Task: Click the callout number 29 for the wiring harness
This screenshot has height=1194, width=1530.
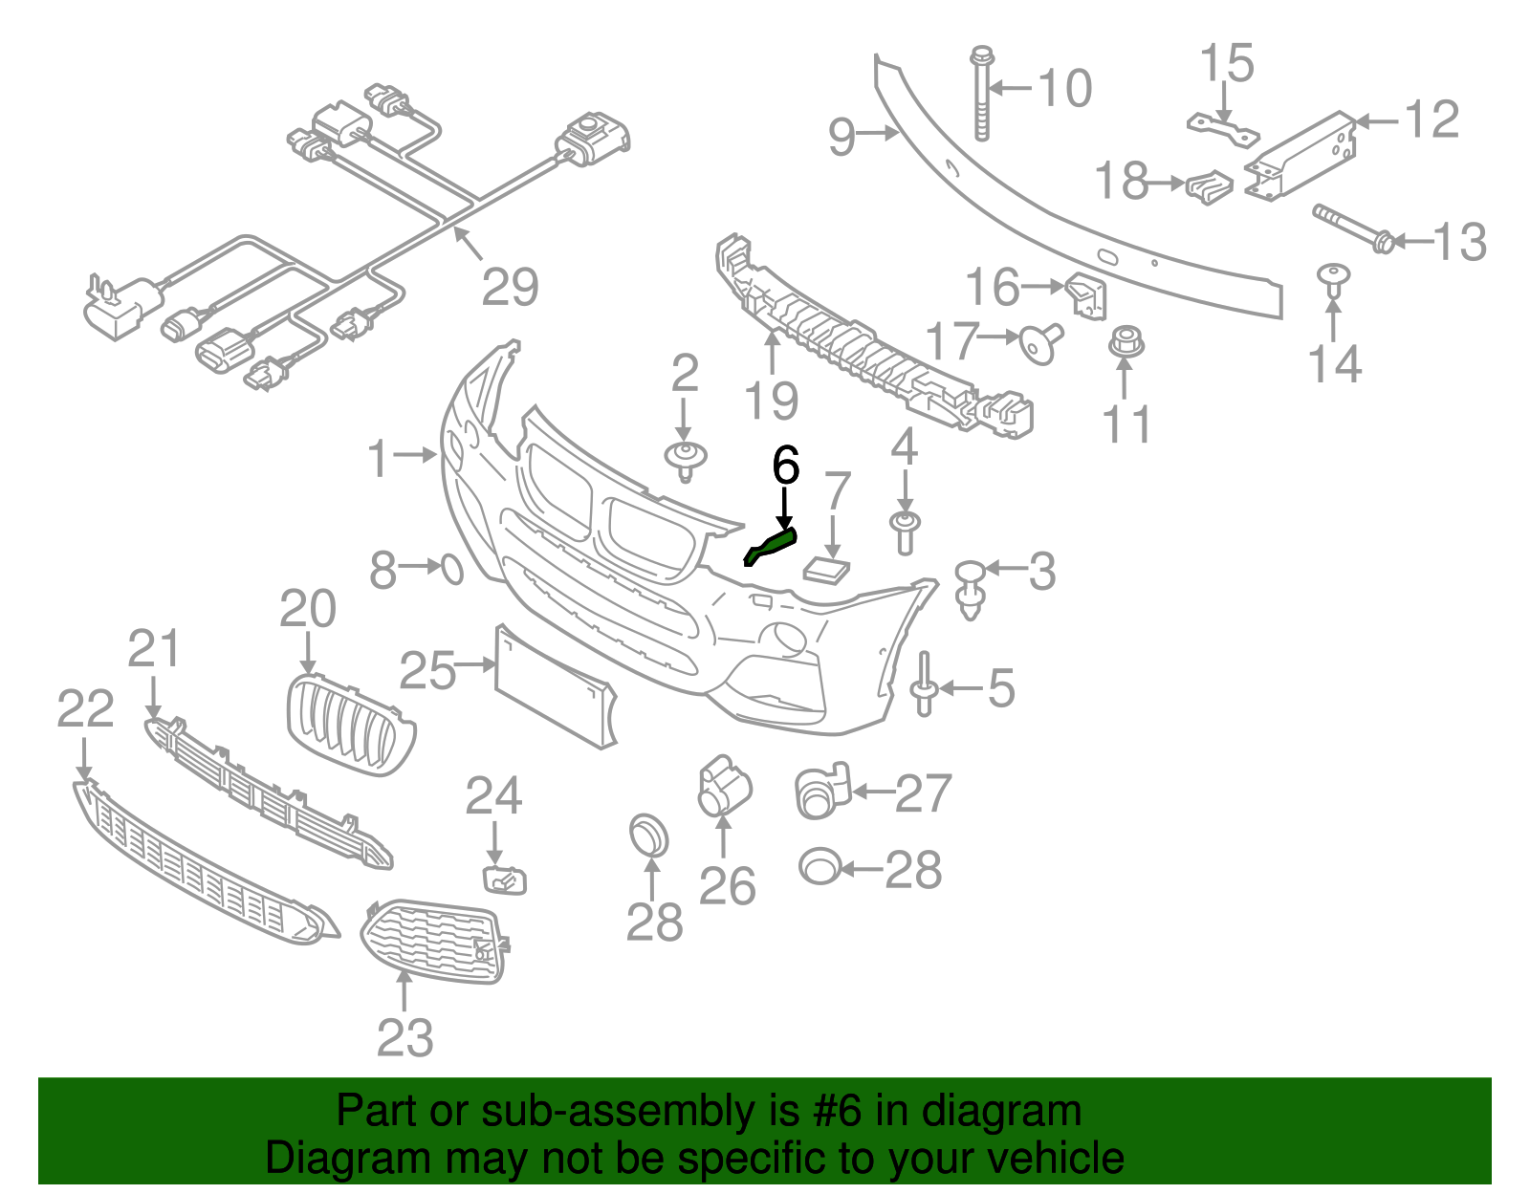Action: point(510,286)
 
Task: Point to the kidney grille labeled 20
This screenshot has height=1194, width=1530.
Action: point(351,727)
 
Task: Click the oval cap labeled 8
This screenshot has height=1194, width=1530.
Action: point(452,570)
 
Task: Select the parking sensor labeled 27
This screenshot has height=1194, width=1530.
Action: point(821,792)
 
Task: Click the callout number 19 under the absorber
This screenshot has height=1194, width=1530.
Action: point(772,401)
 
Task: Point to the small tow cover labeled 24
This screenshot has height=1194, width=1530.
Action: point(504,879)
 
